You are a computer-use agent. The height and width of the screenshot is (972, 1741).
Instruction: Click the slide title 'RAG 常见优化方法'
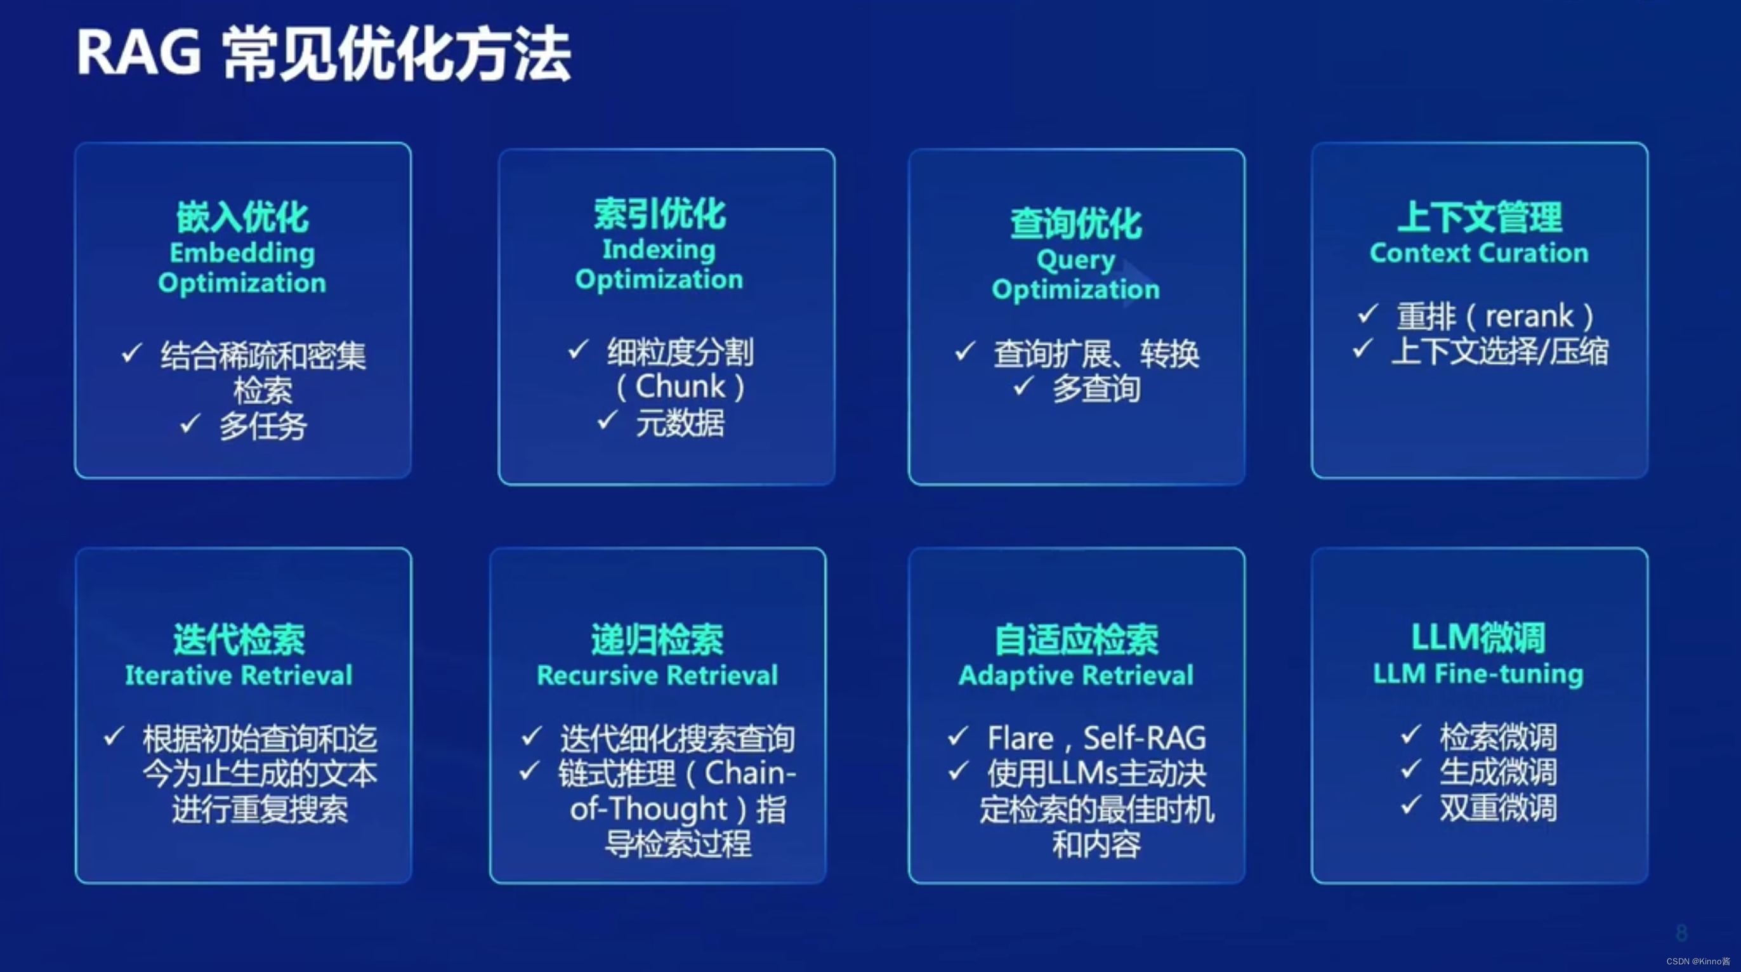pyautogui.click(x=324, y=54)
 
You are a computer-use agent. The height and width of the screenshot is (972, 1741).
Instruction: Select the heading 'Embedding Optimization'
pyautogui.click(x=242, y=268)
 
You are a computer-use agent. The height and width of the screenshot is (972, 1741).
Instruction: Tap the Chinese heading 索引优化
pyautogui.click(x=660, y=214)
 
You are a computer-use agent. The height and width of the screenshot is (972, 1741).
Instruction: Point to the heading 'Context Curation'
pyautogui.click(x=1479, y=253)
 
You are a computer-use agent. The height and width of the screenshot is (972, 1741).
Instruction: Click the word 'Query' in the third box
pyautogui.click(x=1075, y=259)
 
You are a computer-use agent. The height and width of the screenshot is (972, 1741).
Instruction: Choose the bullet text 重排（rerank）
pyautogui.click(x=1495, y=316)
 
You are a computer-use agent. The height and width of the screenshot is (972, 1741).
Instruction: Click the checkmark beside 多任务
pyautogui.click(x=190, y=423)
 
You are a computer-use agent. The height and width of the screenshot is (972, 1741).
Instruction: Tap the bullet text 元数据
pyautogui.click(x=680, y=423)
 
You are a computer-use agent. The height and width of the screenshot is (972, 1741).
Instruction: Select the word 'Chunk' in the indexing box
pyautogui.click(x=680, y=386)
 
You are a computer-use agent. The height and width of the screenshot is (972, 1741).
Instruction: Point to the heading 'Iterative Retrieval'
pyautogui.click(x=239, y=675)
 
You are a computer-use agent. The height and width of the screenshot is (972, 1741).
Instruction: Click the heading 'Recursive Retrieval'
pyautogui.click(x=657, y=675)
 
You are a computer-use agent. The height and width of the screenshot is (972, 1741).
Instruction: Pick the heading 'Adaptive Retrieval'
pyautogui.click(x=1076, y=675)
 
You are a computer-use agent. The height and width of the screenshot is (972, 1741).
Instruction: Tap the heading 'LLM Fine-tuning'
pyautogui.click(x=1478, y=674)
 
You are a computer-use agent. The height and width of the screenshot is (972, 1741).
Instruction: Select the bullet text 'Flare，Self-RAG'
pyautogui.click(x=1096, y=737)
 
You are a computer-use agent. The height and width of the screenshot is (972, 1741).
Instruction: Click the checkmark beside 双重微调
pyautogui.click(x=1410, y=805)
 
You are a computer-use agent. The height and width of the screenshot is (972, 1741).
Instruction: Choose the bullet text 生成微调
pyautogui.click(x=1498, y=772)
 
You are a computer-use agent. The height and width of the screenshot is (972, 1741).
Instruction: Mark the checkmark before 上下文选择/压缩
pyautogui.click(x=1362, y=349)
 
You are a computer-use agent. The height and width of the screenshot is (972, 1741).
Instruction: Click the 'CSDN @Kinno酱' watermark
pyautogui.click(x=1698, y=961)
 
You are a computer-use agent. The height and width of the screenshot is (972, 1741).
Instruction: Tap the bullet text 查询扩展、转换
pyautogui.click(x=1096, y=353)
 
